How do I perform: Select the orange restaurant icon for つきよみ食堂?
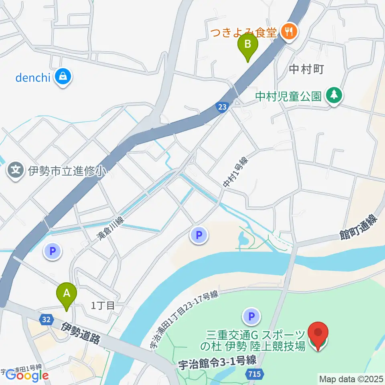pyautogui.click(x=288, y=31)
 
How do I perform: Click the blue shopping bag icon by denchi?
pyautogui.click(x=63, y=76)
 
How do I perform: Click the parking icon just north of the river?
pyautogui.click(x=199, y=235)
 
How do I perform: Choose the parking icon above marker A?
pyautogui.click(x=52, y=251)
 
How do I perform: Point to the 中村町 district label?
pyautogui.click(x=306, y=69)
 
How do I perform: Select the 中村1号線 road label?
pyautogui.click(x=236, y=172)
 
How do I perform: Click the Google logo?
pyautogui.click(x=27, y=375)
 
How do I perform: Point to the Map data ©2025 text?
pyautogui.click(x=351, y=378)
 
